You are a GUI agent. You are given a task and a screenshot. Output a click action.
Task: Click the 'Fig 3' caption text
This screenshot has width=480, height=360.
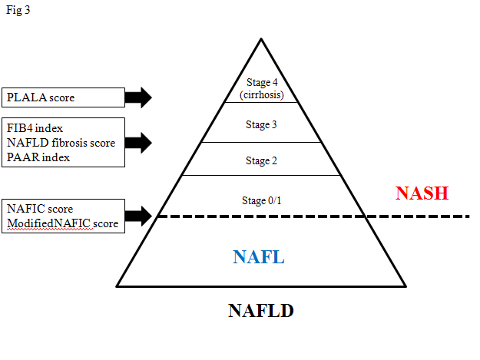[18, 13]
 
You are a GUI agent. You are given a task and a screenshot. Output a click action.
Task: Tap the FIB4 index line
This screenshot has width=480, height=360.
[35, 128]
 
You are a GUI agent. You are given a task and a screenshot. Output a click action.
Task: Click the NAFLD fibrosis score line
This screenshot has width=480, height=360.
[61, 143]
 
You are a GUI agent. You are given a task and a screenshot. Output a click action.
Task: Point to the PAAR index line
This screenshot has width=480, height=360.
[38, 157]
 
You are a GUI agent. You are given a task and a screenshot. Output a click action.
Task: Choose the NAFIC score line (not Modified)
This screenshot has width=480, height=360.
[40, 209]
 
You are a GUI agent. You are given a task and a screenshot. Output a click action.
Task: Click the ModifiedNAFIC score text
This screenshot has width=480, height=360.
[62, 223]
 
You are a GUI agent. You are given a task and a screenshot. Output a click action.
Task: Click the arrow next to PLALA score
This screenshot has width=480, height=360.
[138, 97]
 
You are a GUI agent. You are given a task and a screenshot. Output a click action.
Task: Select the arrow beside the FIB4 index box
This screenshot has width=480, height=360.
[138, 142]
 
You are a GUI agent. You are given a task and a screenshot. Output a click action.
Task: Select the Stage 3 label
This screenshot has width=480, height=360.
[262, 124]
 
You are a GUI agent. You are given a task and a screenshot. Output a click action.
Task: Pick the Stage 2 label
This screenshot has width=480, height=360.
[262, 160]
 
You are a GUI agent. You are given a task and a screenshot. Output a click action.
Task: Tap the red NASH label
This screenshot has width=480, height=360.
[422, 193]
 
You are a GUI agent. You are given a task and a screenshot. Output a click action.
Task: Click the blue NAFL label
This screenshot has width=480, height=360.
[260, 256]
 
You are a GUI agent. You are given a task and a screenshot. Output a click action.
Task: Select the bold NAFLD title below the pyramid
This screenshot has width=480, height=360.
[260, 311]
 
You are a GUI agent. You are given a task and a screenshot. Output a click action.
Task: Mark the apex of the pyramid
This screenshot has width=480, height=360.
[261, 37]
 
